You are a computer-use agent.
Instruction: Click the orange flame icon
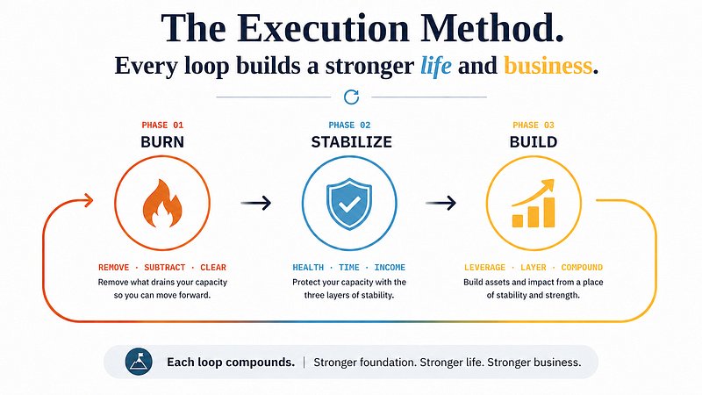[x=162, y=204]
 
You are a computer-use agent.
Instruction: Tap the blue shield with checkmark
[x=349, y=204]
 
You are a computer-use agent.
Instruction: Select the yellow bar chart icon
[x=534, y=204]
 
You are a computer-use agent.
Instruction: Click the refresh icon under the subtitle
[x=352, y=97]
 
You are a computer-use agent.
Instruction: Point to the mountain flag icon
[x=139, y=362]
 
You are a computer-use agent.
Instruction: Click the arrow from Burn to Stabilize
[x=256, y=203]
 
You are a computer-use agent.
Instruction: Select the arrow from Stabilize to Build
[x=441, y=203]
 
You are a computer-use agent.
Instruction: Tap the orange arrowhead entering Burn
[x=89, y=200]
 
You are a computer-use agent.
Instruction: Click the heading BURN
[x=162, y=142]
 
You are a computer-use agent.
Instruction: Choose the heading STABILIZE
[x=352, y=142]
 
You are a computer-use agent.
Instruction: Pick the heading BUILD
[x=534, y=142]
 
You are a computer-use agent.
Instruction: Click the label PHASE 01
[x=162, y=125]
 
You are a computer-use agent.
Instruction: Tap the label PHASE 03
[x=534, y=125]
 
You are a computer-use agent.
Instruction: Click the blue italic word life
[x=435, y=66]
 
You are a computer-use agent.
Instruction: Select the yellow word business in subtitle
[x=548, y=65]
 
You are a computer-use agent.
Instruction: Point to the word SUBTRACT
[x=164, y=268]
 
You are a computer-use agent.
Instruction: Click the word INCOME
[x=390, y=268]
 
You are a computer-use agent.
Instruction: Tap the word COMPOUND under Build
[x=582, y=268]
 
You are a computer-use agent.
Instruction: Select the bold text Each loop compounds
[x=231, y=363]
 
